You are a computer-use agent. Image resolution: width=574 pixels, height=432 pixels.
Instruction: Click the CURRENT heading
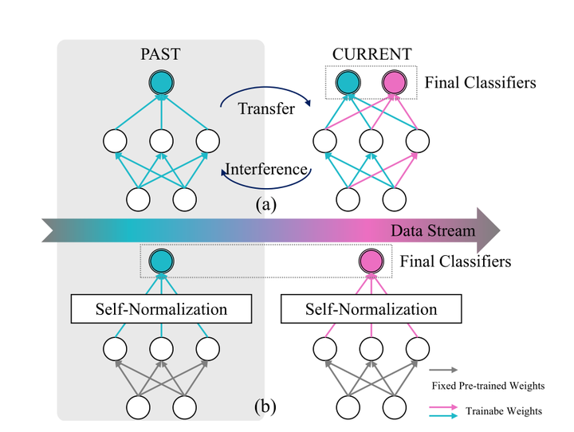(x=372, y=54)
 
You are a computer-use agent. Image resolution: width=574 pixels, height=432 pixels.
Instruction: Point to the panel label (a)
(x=266, y=204)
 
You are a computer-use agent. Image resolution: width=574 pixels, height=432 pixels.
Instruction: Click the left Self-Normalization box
(x=161, y=308)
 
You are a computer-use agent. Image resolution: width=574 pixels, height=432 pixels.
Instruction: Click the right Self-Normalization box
(x=372, y=308)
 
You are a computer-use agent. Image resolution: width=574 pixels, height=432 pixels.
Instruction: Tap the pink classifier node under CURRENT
(x=395, y=82)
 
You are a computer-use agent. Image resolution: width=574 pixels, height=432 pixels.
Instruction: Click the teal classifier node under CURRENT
(x=348, y=82)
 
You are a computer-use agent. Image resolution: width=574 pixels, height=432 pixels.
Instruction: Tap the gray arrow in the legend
(x=443, y=371)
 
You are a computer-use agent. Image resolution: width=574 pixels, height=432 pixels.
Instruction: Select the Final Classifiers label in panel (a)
(x=480, y=81)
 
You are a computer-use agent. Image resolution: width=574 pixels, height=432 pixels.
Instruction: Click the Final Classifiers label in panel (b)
(x=454, y=261)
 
